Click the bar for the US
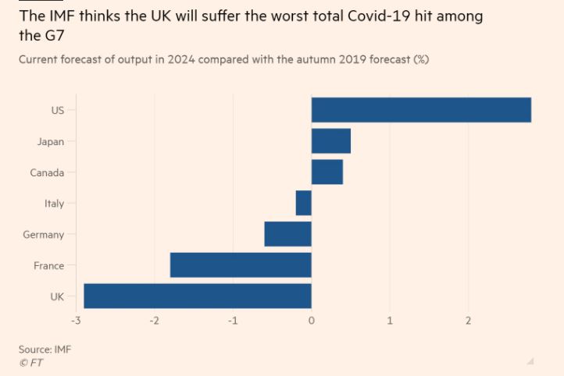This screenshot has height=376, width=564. tap(421, 110)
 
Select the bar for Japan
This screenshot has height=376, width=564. tap(331, 141)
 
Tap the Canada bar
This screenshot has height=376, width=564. tap(327, 172)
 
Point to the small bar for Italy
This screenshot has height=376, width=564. tap(304, 203)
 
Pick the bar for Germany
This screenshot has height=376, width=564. tap(288, 234)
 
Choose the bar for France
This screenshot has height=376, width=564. tap(241, 265)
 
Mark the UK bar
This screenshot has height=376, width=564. tap(198, 296)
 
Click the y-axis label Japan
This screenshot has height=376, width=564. tap(50, 141)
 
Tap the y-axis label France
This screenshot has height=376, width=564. tap(48, 265)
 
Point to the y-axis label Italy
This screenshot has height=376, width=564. tap(54, 204)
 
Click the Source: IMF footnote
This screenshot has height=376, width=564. tap(45, 349)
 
